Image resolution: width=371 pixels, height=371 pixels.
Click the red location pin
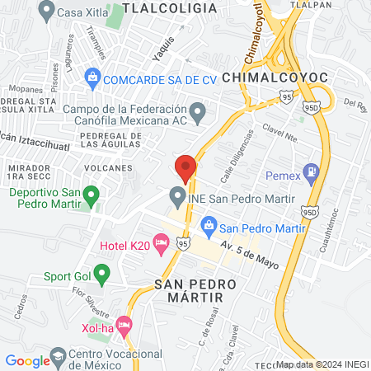(185, 168)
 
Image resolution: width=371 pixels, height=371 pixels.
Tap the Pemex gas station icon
(311, 173)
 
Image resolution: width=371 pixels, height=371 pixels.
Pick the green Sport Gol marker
(102, 273)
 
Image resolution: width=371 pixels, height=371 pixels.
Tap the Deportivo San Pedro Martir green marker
(92, 196)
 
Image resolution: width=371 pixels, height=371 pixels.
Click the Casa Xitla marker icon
(46, 11)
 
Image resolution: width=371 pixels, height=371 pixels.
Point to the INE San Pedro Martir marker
(176, 197)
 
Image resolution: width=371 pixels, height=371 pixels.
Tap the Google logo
(27, 360)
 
